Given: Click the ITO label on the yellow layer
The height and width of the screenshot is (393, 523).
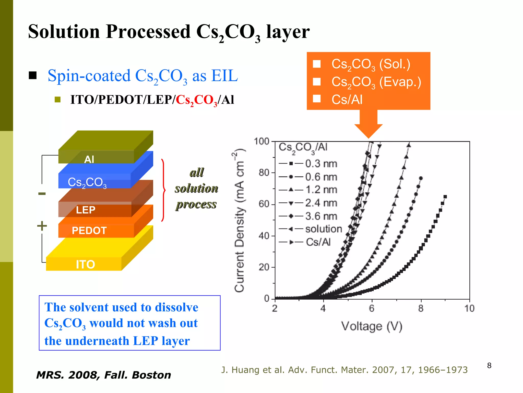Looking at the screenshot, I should tap(85, 264).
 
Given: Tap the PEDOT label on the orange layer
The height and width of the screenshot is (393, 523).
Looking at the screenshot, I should tap(89, 231).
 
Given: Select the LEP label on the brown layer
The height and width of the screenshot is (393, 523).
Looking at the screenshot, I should tap(86, 210).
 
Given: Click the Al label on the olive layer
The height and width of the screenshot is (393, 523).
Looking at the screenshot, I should tap(89, 159).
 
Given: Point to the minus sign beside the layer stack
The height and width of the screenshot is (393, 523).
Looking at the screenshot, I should tap(42, 194).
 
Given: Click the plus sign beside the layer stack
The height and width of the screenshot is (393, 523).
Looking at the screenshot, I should tap(42, 226).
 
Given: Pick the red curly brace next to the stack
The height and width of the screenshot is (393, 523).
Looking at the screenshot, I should tap(163, 190).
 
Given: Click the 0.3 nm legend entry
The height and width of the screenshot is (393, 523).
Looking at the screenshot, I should tap(321, 164).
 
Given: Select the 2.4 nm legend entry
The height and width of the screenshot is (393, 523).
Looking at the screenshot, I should tap(321, 203).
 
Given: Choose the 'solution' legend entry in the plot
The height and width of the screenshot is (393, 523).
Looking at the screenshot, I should tap(323, 229).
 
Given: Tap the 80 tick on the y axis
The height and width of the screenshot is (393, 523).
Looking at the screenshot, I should tap(264, 173).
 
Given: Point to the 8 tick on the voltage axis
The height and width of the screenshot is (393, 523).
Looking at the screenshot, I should tap(421, 309).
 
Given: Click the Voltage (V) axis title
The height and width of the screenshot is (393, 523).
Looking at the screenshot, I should tap(372, 326).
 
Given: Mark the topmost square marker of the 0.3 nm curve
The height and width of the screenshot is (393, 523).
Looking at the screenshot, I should tap(445, 197).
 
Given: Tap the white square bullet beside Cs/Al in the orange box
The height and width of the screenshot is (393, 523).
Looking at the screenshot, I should tap(317, 99).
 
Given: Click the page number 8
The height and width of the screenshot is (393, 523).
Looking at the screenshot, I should tap(489, 365).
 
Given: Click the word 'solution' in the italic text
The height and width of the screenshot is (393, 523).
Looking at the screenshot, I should tap(196, 188).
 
